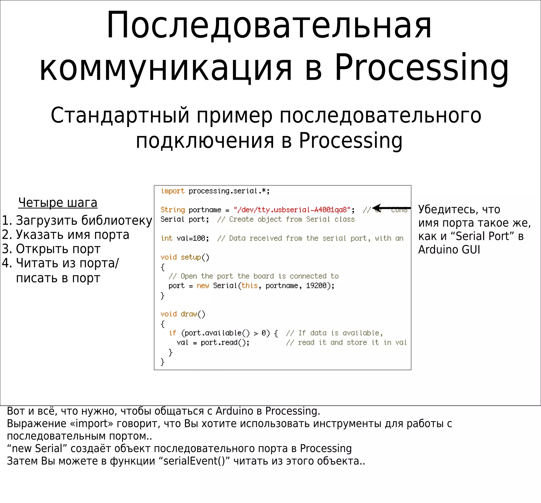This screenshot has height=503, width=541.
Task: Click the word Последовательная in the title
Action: tap(269, 26)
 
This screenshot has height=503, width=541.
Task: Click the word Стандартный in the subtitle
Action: tap(120, 115)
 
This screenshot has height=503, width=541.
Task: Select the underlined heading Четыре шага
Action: tap(58, 203)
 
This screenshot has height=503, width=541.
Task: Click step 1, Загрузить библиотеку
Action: tap(77, 220)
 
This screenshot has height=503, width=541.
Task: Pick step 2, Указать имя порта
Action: tap(66, 234)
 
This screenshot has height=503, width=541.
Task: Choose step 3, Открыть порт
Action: tap(51, 249)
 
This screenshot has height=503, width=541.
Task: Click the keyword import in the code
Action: tap(172, 191)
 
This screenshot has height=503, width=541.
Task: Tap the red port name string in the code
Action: tap(292, 210)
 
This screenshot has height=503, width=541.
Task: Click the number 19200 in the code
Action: tap(316, 286)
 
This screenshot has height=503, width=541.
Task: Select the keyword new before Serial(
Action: tap(203, 286)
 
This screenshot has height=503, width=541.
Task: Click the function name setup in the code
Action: tap(190, 257)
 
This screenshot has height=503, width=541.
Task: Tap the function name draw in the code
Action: tap(189, 314)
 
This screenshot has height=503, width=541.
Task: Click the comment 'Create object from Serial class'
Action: tap(286, 219)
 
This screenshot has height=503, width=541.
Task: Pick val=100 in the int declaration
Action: tap(192, 238)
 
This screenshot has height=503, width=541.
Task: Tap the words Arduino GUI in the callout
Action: tap(449, 250)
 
